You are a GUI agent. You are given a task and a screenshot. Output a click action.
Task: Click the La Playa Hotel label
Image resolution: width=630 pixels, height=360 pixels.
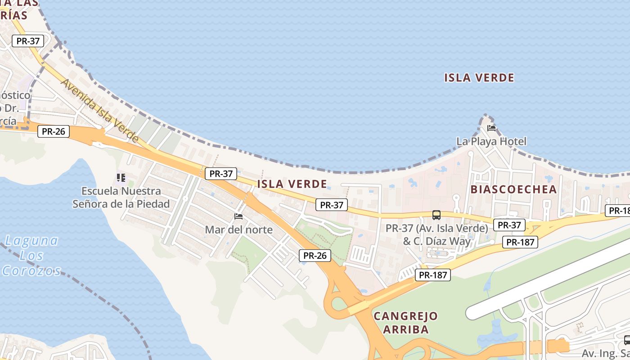click(491, 141)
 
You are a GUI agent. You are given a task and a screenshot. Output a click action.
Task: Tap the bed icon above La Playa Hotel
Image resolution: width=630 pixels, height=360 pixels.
click(491, 128)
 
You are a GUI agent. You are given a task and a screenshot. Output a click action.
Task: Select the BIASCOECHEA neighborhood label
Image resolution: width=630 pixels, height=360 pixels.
click(513, 189)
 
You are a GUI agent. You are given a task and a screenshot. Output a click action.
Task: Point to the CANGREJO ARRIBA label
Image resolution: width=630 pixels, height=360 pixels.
click(405, 323)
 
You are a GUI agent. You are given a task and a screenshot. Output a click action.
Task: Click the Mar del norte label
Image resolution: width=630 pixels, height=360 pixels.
click(238, 229)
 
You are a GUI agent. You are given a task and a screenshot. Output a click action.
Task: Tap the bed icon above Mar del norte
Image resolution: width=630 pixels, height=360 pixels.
click(238, 216)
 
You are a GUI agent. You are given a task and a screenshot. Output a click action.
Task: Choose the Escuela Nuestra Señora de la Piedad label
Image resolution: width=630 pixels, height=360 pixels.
click(121, 198)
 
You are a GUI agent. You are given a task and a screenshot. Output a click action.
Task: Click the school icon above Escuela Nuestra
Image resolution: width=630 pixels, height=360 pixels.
click(121, 178)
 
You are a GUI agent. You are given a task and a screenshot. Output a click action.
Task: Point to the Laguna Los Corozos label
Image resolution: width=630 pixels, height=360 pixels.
click(31, 255)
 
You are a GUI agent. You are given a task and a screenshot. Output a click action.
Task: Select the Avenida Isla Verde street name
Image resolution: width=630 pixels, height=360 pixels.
click(100, 110)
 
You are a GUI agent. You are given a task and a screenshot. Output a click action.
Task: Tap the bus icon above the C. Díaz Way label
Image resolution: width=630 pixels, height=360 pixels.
click(436, 215)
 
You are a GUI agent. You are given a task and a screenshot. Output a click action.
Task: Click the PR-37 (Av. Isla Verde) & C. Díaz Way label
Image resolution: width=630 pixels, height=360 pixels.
click(436, 234)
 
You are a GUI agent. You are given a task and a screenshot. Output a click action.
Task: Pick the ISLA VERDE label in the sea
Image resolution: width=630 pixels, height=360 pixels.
click(479, 78)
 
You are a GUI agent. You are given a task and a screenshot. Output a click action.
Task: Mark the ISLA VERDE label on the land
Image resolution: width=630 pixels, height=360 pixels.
click(292, 184)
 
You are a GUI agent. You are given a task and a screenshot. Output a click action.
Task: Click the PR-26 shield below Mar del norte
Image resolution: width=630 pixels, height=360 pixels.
click(315, 256)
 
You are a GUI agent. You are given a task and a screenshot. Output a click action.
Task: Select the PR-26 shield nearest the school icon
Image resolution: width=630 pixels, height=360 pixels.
click(53, 131)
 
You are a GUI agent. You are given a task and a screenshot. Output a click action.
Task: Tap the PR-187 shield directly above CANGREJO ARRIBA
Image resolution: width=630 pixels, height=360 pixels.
click(432, 274)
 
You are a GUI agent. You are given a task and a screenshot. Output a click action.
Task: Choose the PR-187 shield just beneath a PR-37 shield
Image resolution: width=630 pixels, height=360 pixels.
click(520, 242)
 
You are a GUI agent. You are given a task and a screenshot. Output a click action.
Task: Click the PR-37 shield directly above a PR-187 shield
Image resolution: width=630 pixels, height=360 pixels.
click(509, 225)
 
